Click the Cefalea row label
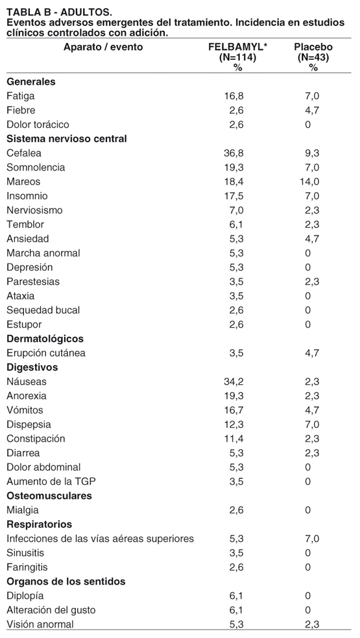click(x=24, y=153)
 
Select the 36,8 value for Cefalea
click(x=234, y=153)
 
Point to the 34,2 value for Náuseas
click(x=234, y=382)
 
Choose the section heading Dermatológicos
click(x=45, y=339)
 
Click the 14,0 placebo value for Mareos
click(x=309, y=182)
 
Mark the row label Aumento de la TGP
click(x=51, y=482)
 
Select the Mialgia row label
click(x=23, y=510)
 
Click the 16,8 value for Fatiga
click(x=234, y=96)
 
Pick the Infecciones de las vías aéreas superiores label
click(x=100, y=539)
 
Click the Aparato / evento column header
click(x=103, y=47)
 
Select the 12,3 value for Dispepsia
click(x=234, y=424)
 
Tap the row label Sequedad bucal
click(x=43, y=310)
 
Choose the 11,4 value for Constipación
click(x=234, y=439)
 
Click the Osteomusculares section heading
click(x=49, y=496)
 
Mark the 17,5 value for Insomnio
click(x=234, y=196)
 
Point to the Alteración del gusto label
click(x=51, y=610)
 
